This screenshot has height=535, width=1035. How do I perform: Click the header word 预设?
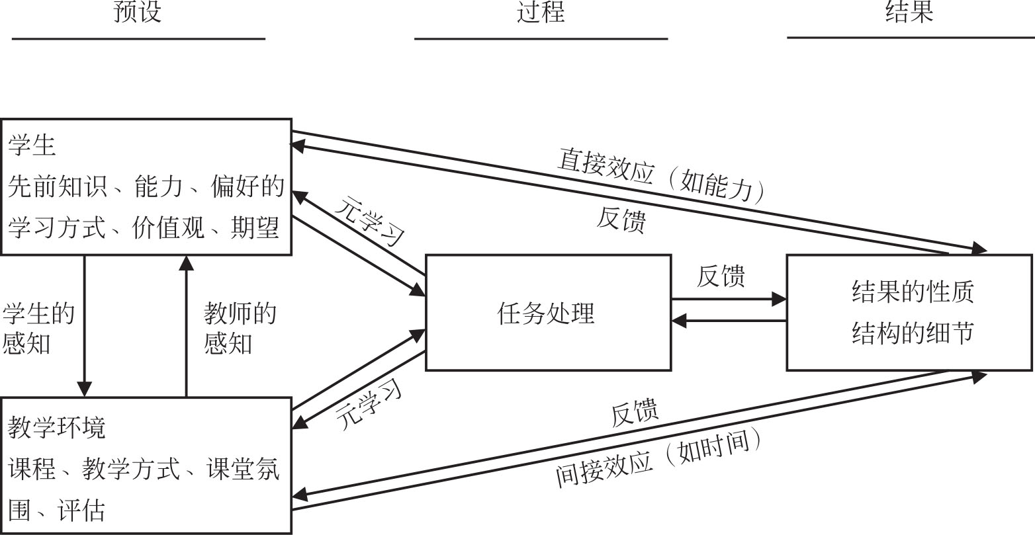[138, 12]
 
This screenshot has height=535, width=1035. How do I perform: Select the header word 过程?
[541, 12]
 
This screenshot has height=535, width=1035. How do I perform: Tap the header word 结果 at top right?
[909, 12]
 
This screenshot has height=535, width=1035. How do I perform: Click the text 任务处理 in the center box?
[546, 313]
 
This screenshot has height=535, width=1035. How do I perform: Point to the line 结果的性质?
[913, 292]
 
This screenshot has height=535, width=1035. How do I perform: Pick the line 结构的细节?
[913, 333]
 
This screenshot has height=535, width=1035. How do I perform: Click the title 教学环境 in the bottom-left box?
[57, 429]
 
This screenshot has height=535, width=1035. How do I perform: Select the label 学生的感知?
[38, 328]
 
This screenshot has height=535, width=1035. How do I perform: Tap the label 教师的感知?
[240, 328]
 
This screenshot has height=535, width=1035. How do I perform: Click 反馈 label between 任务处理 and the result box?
[721, 276]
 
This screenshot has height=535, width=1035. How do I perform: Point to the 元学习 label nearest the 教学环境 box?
[369, 405]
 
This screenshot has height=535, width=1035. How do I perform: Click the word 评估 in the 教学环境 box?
[81, 511]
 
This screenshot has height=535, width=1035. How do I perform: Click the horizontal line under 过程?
[541, 39]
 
